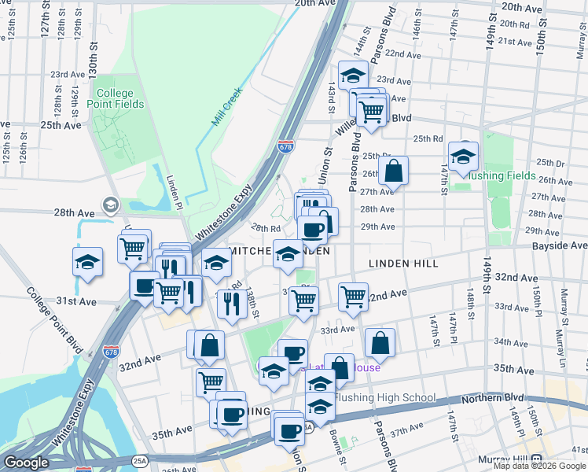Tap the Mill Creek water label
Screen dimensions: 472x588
[x=227, y=107]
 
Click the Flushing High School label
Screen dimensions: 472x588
[x=385, y=397]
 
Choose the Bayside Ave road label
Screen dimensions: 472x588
[x=560, y=246]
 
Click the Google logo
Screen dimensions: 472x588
[x=27, y=462]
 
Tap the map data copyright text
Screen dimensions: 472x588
[x=540, y=466]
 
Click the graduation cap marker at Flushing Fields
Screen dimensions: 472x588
[x=463, y=154]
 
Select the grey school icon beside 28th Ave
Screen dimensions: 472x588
[x=110, y=205]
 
